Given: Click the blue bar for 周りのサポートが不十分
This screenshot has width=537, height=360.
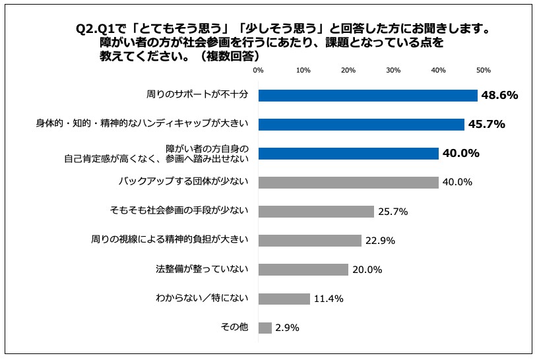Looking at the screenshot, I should [367, 96].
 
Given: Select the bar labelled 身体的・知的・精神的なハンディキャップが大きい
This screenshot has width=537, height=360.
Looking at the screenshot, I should [361, 125].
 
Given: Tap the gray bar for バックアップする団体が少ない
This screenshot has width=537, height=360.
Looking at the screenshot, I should [348, 183].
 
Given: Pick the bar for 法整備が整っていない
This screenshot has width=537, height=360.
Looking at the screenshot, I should [303, 270].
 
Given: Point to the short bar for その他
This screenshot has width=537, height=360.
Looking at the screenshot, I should [265, 328].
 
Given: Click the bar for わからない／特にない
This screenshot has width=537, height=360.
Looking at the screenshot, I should [284, 299].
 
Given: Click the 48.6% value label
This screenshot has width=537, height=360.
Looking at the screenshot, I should [499, 96].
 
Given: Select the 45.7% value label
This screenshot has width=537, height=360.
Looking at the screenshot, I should [486, 125].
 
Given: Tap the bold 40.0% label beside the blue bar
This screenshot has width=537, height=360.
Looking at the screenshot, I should [460, 154].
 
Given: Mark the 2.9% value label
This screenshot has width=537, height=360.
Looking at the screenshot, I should [288, 328].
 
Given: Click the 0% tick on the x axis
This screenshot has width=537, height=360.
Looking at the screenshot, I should [258, 70].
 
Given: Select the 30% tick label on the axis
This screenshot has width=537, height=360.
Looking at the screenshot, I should [393, 70].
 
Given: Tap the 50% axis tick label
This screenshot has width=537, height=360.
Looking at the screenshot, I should [483, 70].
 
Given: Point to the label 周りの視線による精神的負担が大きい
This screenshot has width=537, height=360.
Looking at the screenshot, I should [170, 241].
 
